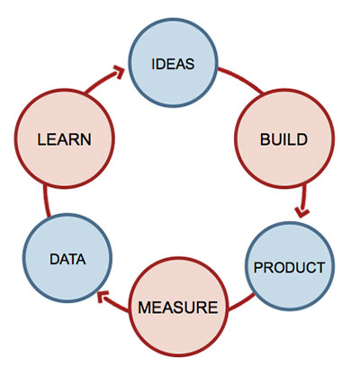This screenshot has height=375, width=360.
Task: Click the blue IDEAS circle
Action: click(x=173, y=63)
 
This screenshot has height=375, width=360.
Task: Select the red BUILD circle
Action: click(x=284, y=138)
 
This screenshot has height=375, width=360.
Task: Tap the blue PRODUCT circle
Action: click(x=290, y=266)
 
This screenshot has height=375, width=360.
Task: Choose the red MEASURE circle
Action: click(x=178, y=307)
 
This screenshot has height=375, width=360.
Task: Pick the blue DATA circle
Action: click(x=67, y=258)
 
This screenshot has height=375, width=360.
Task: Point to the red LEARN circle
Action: click(x=65, y=138)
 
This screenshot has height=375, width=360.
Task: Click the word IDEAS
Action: click(x=173, y=64)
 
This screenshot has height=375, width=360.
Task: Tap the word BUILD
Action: click(x=283, y=139)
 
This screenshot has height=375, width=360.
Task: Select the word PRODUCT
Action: click(x=290, y=267)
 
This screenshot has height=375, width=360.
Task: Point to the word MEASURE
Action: click(x=178, y=308)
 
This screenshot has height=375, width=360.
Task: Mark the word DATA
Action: click(x=67, y=259)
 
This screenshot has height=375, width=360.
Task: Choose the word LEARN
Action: click(x=65, y=139)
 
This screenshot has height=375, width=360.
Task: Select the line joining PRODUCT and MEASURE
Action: click(x=241, y=302)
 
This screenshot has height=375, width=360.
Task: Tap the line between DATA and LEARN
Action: click(x=46, y=201)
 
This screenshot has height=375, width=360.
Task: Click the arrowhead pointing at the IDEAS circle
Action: click(x=119, y=72)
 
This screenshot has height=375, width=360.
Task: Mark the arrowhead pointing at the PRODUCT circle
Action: click(x=301, y=211)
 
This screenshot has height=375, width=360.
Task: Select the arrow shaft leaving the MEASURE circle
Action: click(x=117, y=304)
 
